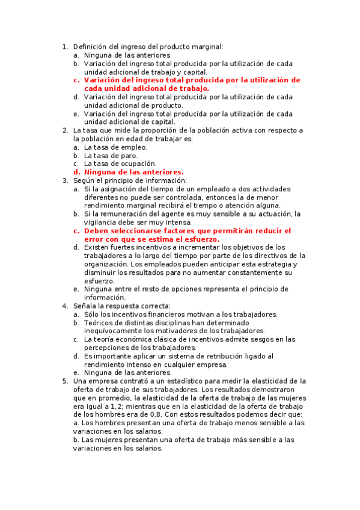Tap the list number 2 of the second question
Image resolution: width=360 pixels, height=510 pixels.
pos(65,130)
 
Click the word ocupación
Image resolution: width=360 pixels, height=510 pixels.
pos(136,164)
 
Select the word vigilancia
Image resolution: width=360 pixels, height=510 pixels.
pos(103,223)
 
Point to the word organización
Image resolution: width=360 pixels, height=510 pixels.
pos(105,264)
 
